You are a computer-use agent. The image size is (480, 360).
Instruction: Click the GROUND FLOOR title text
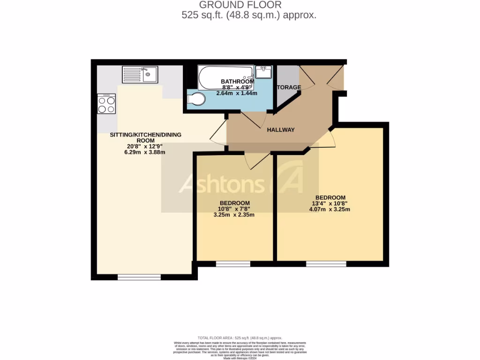point(240,5)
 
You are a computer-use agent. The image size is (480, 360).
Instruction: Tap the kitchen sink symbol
point(141,74)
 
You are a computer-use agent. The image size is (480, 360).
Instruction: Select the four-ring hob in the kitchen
point(106,104)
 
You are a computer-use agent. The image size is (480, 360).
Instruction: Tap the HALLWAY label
point(281,130)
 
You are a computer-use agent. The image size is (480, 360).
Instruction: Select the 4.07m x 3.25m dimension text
point(330,210)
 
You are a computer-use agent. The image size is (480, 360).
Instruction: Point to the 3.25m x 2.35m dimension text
point(234,215)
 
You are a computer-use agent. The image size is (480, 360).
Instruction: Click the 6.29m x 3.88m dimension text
point(145,152)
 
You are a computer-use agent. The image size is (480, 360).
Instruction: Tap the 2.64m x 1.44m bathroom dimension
point(237,93)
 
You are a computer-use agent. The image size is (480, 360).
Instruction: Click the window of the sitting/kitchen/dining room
point(139,277)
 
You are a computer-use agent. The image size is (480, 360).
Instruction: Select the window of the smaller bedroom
point(233,264)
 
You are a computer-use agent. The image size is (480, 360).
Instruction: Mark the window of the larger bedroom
point(326,264)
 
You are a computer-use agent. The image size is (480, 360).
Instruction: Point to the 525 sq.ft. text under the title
point(248,15)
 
